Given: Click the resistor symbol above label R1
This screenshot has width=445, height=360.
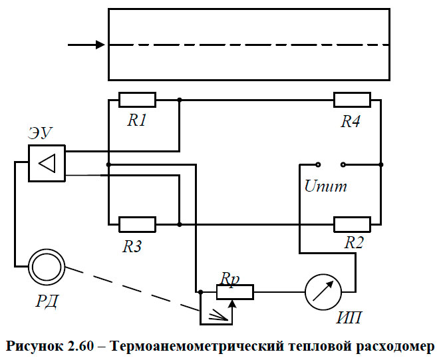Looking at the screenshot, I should pyautogui.click(x=137, y=100).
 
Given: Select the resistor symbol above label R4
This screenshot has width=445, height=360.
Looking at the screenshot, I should pyautogui.click(x=352, y=100).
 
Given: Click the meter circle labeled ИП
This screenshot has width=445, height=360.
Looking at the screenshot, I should pyautogui.click(x=323, y=291).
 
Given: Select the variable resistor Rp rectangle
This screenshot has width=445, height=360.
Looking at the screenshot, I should pyautogui.click(x=235, y=291).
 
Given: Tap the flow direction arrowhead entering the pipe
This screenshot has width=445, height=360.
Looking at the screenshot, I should pyautogui.click(x=100, y=45).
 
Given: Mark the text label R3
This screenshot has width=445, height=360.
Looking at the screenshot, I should pyautogui.click(x=134, y=246).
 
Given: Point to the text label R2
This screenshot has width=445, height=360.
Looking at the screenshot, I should pyautogui.click(x=354, y=244).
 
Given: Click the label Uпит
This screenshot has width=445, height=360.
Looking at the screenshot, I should pyautogui.click(x=325, y=186).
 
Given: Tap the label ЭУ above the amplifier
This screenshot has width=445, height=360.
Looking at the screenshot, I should pyautogui.click(x=41, y=133).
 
